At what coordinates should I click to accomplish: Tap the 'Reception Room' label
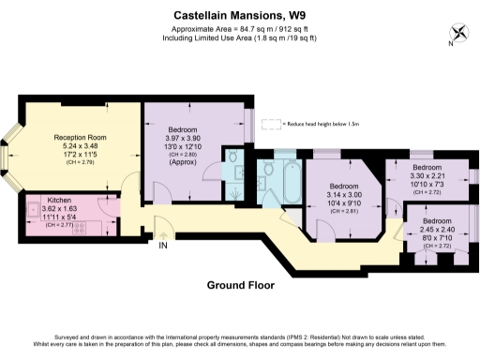[x=80, y=138]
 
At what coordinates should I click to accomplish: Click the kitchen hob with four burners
[x=77, y=226]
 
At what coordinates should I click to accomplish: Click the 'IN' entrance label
[x=163, y=247]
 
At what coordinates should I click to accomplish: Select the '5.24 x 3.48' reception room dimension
[x=80, y=147]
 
